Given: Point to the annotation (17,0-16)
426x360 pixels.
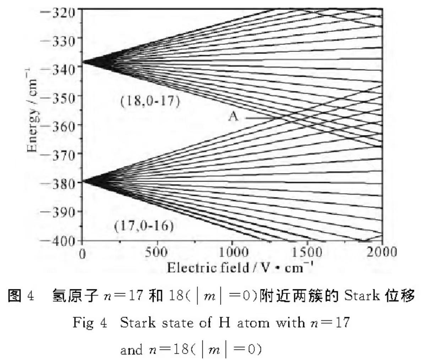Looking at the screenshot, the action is (x=144, y=226).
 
